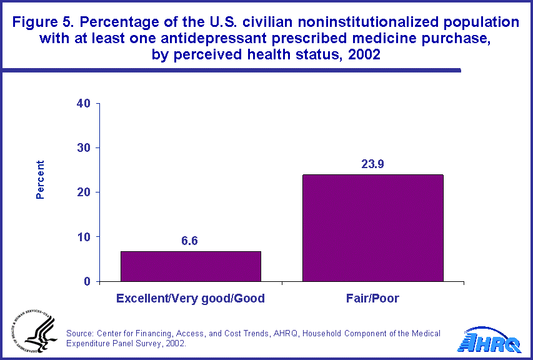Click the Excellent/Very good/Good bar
coord(191,266)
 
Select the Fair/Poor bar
coord(373,228)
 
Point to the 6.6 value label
coord(190,241)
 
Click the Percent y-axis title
coord(40,180)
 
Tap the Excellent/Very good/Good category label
coord(191,299)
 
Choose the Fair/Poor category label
coord(373,299)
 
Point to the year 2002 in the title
coord(363,54)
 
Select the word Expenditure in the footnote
coord(88,344)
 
